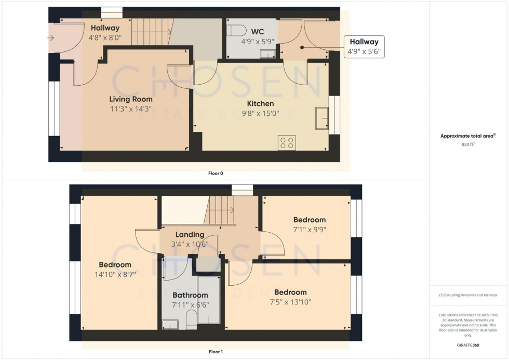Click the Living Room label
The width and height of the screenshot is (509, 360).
coord(131,99)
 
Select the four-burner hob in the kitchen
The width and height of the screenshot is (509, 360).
coord(287,142)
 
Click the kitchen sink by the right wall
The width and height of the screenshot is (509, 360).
coord(322,119)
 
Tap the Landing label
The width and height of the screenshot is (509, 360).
coord(190,234)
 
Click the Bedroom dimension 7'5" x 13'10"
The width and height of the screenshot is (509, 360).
coord(290,302)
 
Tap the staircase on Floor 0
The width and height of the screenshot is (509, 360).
coord(151,32)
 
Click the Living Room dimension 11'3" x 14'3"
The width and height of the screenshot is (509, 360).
coord(131,109)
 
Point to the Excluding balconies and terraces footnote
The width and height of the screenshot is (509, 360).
coord(468,295)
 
